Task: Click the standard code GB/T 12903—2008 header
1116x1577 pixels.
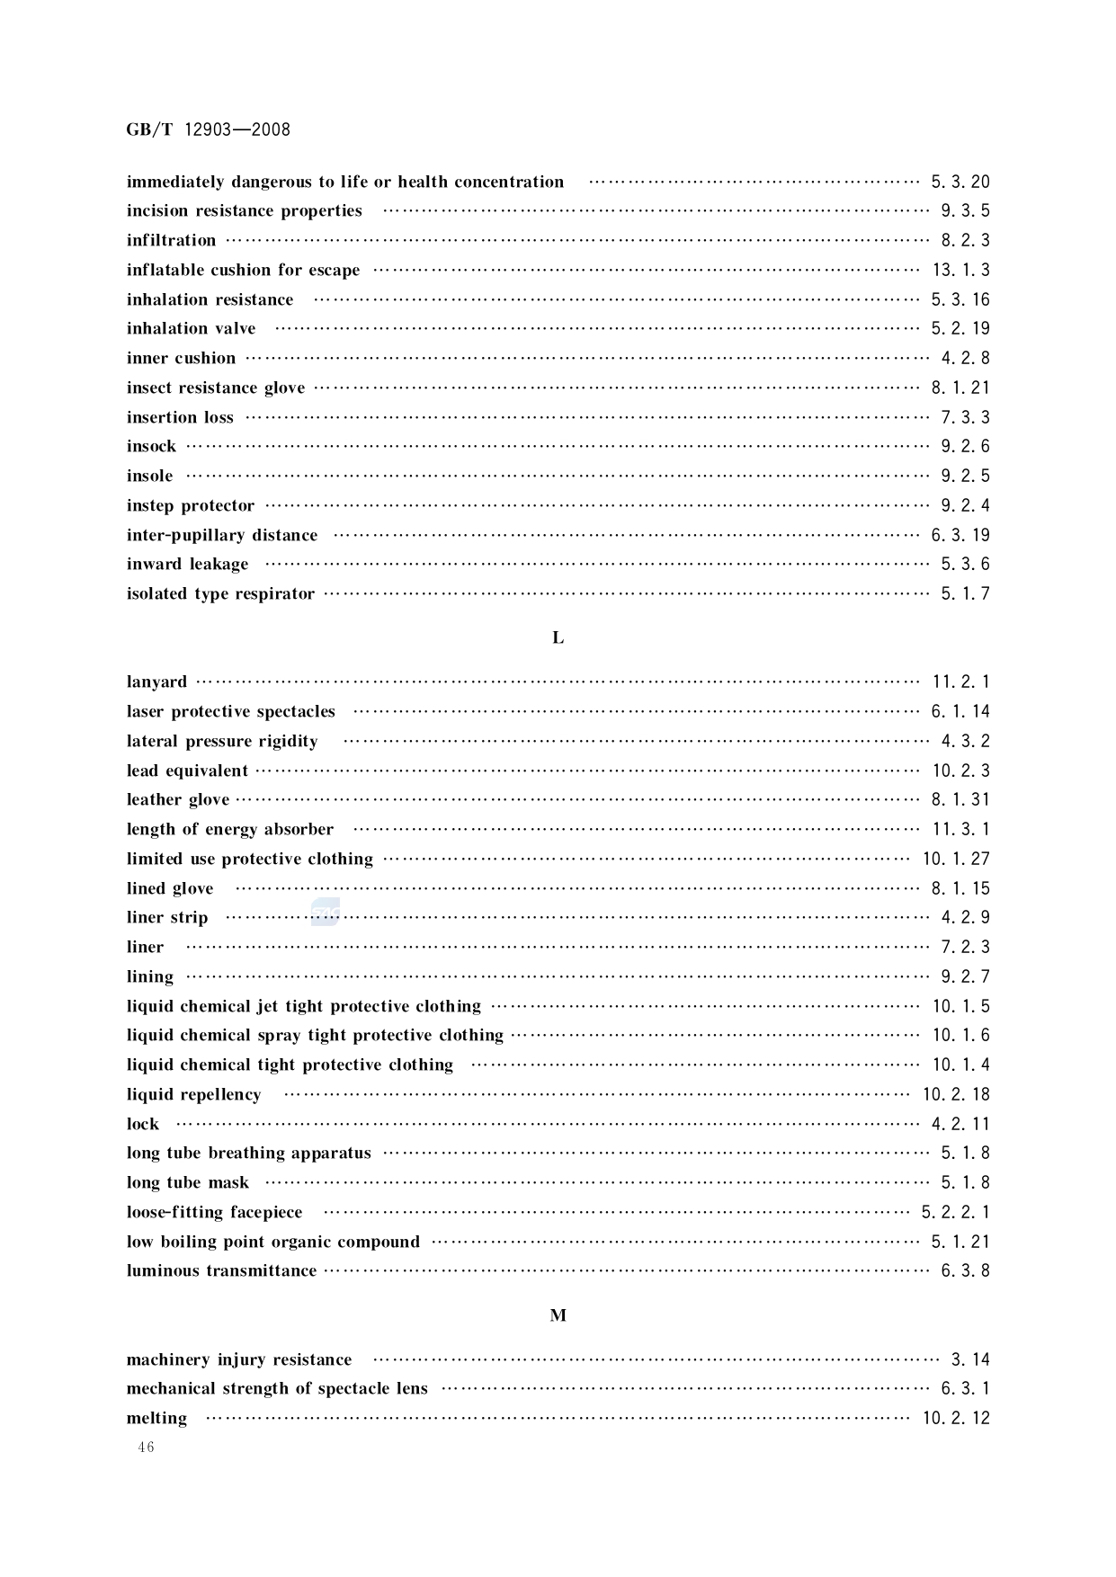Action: (x=208, y=129)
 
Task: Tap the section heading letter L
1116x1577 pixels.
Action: (x=558, y=637)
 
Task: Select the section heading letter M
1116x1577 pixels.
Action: (x=558, y=1315)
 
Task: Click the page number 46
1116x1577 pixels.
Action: (x=146, y=1447)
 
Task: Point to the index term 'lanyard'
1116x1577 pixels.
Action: (x=156, y=682)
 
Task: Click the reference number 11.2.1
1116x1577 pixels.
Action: (x=960, y=682)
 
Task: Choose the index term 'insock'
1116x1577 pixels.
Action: (x=151, y=447)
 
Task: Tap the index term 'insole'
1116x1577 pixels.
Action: (x=149, y=477)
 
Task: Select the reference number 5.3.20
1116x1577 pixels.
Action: (x=960, y=183)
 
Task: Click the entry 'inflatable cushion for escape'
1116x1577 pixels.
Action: (x=243, y=271)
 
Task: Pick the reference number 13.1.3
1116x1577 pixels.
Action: (x=960, y=271)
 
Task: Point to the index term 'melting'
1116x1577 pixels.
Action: (x=156, y=1419)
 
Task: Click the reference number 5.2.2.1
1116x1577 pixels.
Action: (x=955, y=1213)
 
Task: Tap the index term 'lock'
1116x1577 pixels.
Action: (x=142, y=1125)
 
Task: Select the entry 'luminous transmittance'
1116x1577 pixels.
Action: (x=221, y=1271)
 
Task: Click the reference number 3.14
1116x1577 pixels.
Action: (x=970, y=1360)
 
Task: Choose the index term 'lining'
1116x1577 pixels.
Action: (x=149, y=977)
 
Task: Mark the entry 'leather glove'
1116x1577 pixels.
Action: (x=178, y=800)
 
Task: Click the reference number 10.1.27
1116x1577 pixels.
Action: (x=956, y=860)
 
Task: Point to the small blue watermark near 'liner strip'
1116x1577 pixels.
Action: (x=325, y=913)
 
